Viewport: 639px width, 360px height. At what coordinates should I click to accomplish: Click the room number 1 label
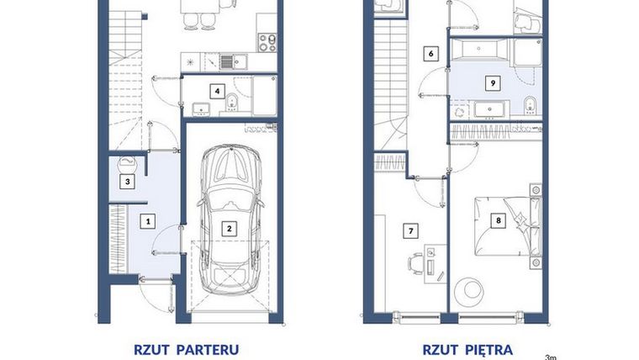tap(148, 221)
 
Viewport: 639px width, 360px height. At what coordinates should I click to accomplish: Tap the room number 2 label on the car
tap(227, 226)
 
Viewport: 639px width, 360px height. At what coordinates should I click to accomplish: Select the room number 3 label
tap(128, 181)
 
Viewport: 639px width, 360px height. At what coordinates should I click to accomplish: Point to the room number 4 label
tap(218, 90)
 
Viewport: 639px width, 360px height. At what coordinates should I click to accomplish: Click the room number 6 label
tap(430, 53)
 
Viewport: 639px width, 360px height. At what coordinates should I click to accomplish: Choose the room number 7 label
tap(411, 229)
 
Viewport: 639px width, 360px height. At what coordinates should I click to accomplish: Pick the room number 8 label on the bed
tap(498, 221)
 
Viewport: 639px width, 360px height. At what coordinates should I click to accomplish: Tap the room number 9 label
tap(494, 82)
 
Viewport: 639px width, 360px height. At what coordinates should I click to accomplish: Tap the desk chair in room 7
tap(415, 262)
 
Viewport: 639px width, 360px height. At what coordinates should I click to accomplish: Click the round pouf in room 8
tap(467, 291)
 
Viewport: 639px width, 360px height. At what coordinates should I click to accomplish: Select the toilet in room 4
tap(230, 105)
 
